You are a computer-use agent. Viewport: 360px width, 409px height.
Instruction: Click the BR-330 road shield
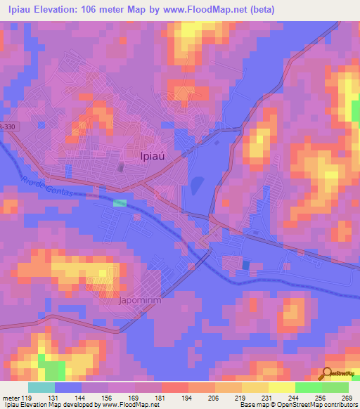click(x=6, y=126)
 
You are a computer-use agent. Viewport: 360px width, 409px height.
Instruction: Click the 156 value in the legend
click(x=105, y=396)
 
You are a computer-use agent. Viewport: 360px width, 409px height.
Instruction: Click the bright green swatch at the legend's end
click(x=335, y=387)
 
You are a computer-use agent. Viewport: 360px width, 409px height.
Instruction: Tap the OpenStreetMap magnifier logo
click(x=327, y=374)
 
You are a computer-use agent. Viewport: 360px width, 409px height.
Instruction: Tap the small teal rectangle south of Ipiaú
click(x=120, y=202)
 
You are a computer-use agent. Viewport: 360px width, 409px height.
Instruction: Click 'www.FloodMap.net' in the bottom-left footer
click(x=130, y=405)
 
